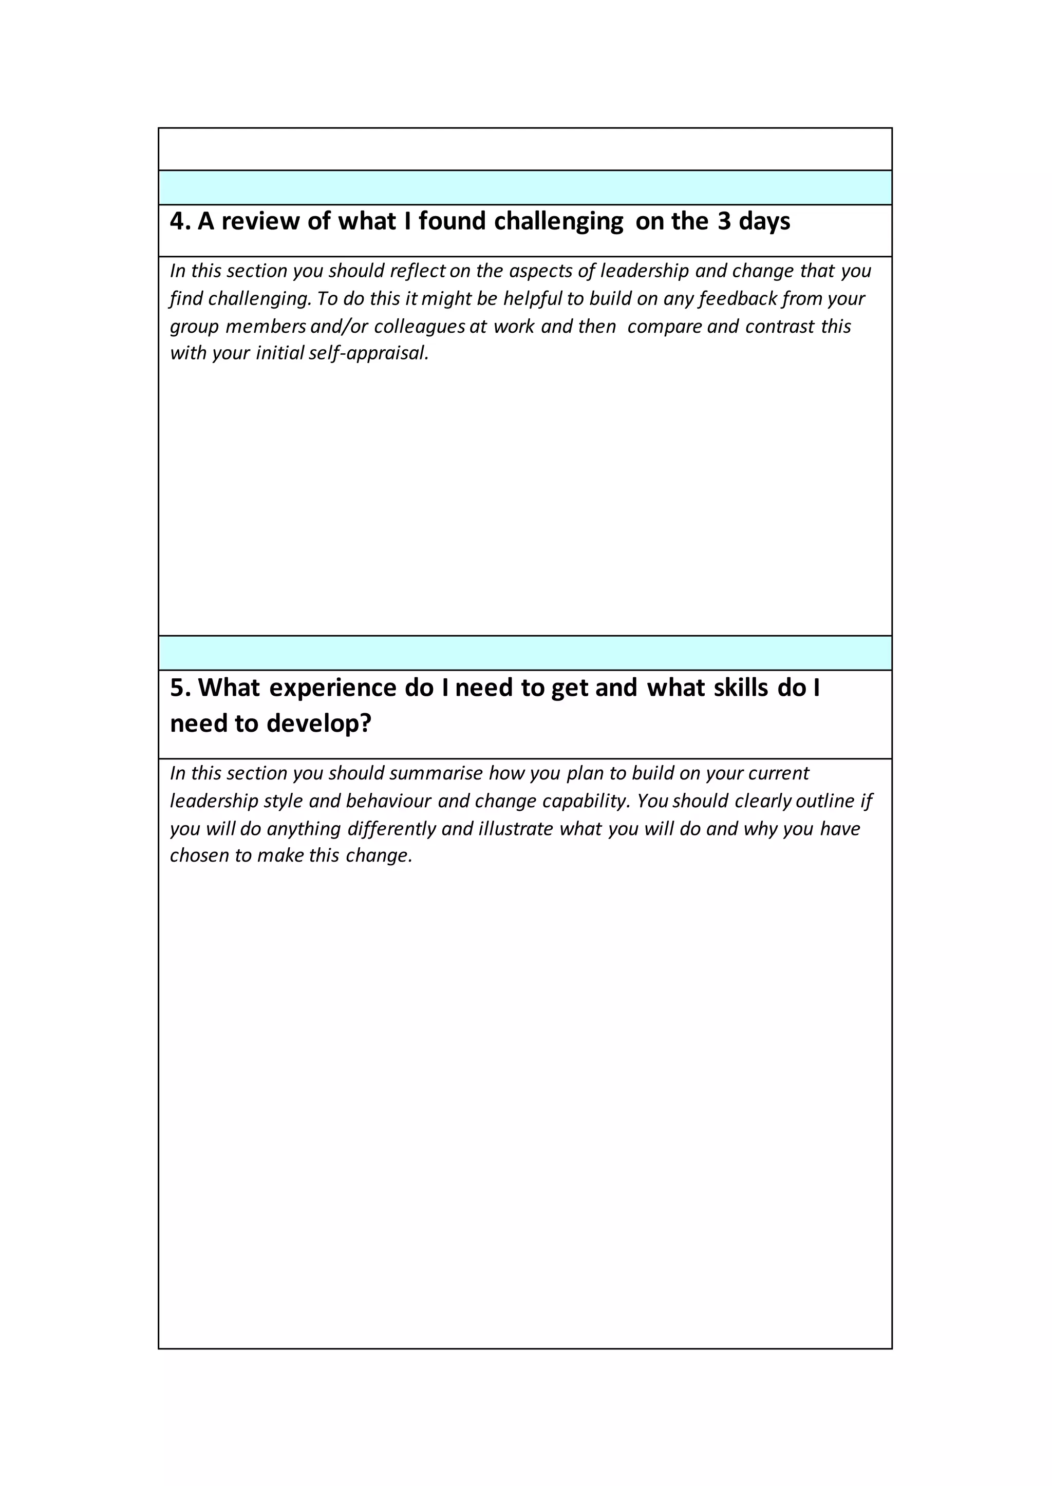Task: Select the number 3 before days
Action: (724, 221)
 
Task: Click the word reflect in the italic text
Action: (418, 271)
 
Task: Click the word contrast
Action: (779, 327)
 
